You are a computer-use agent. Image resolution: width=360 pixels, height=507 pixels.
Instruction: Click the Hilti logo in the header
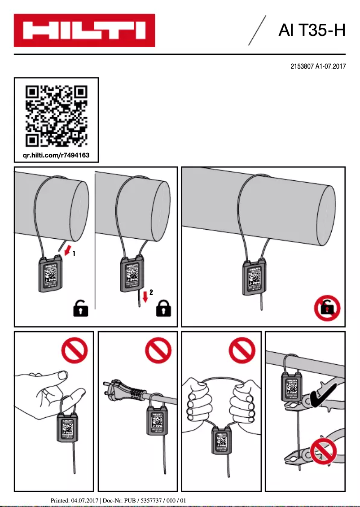[84, 31]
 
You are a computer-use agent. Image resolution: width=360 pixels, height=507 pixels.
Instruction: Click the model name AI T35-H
[312, 31]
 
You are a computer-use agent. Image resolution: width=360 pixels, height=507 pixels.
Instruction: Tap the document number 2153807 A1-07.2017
[318, 66]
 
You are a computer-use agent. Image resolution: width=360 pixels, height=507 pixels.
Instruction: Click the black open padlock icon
[80, 309]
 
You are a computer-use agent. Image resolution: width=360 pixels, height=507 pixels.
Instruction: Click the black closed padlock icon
[164, 309]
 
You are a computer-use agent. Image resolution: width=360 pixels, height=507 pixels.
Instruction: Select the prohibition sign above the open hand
[74, 350]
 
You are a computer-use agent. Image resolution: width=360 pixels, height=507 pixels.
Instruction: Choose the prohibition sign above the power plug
[158, 350]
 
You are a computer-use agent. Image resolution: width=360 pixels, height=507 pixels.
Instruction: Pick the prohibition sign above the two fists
[242, 350]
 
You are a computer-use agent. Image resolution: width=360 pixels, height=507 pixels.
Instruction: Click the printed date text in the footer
[75, 500]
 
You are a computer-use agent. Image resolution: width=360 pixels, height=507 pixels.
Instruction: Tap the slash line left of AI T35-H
[257, 31]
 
